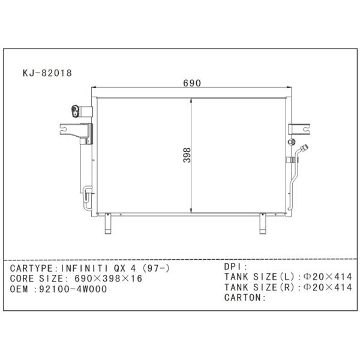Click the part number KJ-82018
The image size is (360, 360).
(47, 73)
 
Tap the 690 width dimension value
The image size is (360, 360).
(192, 83)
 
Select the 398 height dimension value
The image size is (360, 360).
(187, 155)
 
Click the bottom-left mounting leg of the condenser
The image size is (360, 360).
(108, 223)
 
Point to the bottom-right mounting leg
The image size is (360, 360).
(263, 223)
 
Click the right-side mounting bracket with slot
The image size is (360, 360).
(299, 129)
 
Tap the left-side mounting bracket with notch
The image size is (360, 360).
(76, 131)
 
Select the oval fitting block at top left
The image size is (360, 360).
(76, 111)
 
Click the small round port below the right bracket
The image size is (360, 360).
(292, 142)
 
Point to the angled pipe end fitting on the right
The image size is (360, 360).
(304, 148)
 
